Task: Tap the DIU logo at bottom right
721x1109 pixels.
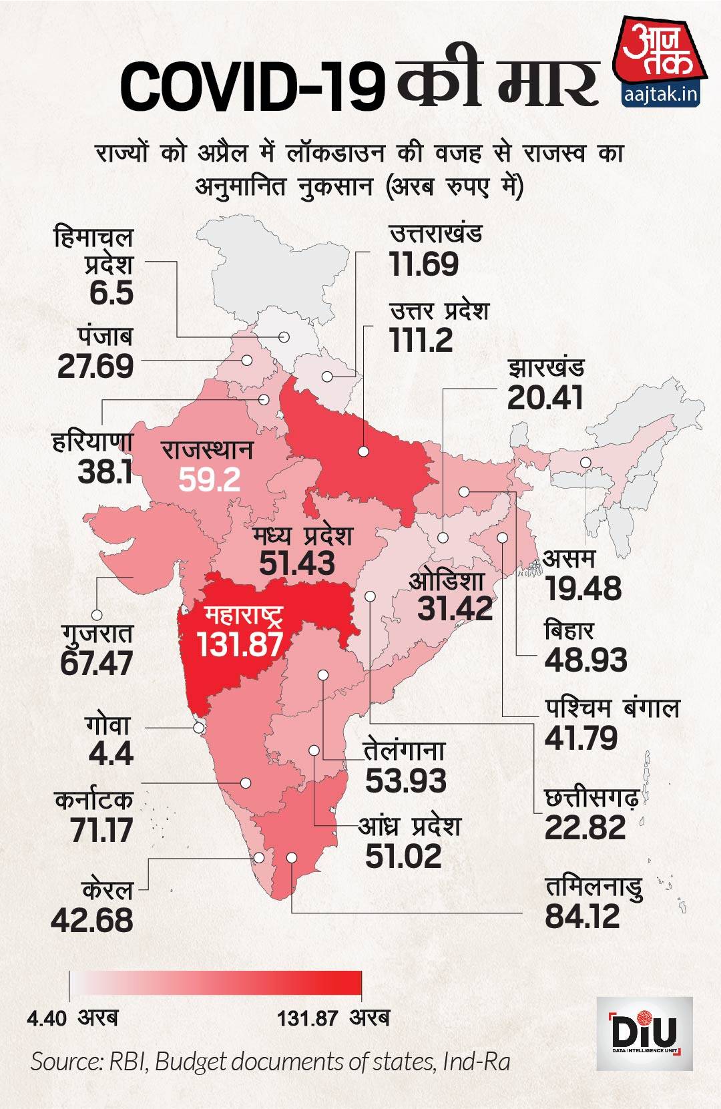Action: pos(644,1034)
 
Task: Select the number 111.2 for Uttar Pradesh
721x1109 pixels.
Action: pos(421,341)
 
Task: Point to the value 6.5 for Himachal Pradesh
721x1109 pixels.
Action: pos(111,293)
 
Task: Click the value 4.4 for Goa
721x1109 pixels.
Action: pos(111,754)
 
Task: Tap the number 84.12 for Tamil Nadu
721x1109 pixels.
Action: pos(582,916)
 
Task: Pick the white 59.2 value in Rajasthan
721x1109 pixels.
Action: pos(210,479)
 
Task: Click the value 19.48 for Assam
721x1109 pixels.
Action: pos(583,589)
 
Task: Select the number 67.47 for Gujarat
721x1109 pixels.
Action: pos(97,663)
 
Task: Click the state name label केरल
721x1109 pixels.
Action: pos(107,890)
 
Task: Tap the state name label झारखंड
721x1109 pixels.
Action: pos(545,368)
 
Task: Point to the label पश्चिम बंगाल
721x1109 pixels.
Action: pos(612,708)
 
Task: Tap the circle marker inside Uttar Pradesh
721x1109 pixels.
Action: pos(364,451)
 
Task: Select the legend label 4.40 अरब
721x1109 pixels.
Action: pos(72,1018)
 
